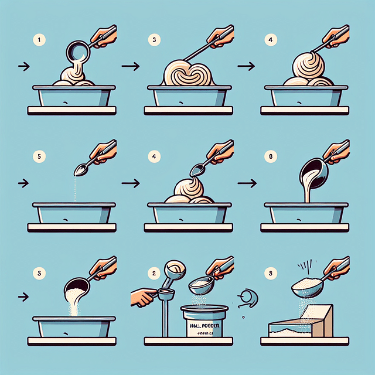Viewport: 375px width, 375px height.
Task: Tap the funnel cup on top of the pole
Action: [175, 270]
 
